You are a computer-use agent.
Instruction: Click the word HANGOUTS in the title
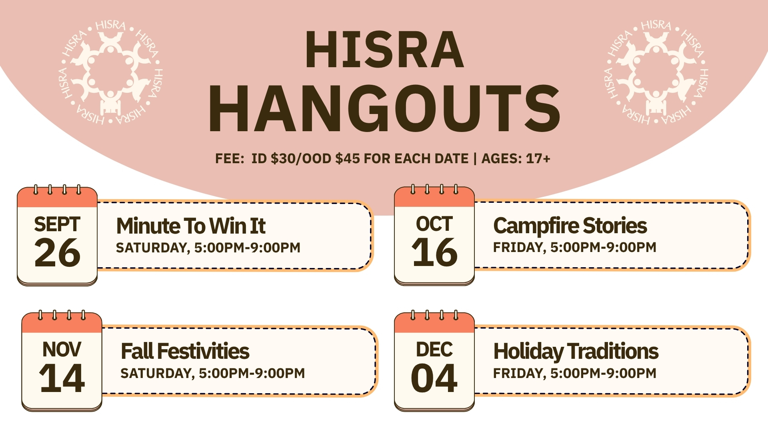384,109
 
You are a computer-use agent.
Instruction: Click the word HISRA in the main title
384,50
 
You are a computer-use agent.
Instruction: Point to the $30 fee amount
283,159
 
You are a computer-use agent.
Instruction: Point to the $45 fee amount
348,159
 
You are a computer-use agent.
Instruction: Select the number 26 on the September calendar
57,253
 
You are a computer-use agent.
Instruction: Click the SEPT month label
57,224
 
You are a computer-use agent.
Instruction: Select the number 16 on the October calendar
434,252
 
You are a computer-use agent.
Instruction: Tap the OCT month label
434,224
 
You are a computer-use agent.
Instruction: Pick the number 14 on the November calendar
62,378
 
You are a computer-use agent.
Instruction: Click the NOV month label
62,350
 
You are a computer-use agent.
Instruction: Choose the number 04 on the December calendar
434,378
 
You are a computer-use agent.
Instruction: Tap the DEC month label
434,350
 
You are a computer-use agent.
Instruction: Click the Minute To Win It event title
191,226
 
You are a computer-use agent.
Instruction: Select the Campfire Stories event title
570,226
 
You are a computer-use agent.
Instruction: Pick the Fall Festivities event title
185,352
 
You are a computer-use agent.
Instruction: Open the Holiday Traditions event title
576,352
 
